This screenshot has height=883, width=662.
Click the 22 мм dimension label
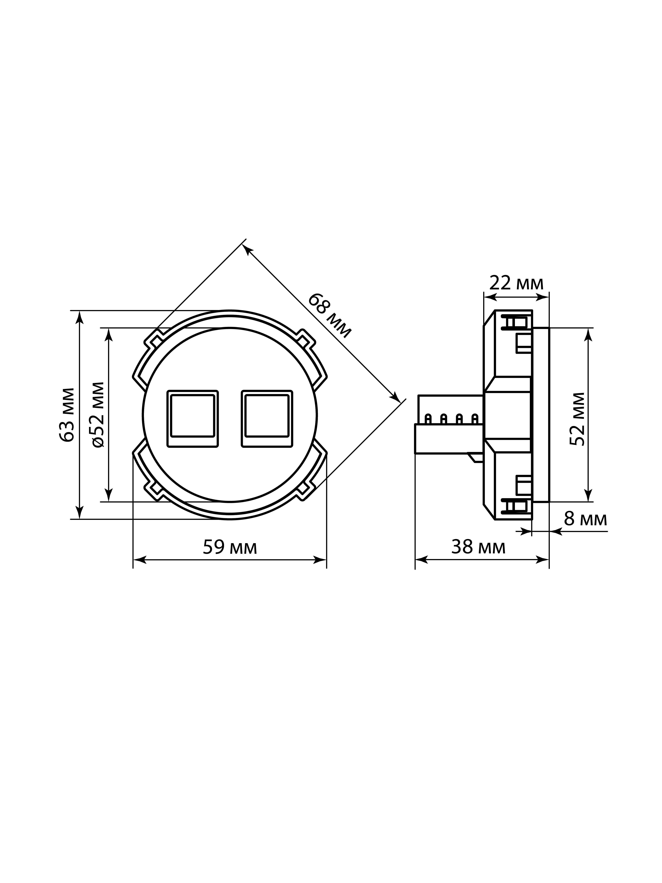(516, 283)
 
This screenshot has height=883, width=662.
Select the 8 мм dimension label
(585, 519)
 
